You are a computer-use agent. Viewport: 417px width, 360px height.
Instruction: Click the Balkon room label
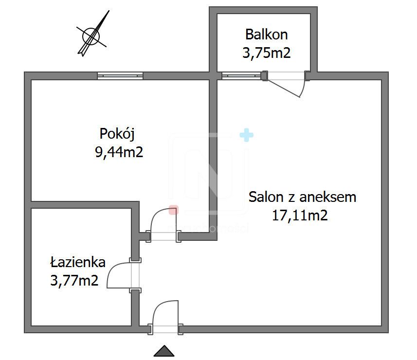[266, 35]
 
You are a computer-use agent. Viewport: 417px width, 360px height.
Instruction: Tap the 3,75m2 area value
[266, 53]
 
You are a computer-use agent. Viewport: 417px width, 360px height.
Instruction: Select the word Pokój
[116, 133]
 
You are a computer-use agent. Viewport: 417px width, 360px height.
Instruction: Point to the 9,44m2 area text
[119, 153]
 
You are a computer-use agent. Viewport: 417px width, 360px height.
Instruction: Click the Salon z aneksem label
[302, 197]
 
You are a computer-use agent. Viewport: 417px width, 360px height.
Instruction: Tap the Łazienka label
[77, 263]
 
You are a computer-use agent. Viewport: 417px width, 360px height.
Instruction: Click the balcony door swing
[287, 84]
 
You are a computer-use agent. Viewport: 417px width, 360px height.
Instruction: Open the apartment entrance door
[165, 316]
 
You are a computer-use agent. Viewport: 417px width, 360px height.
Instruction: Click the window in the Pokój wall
[120, 75]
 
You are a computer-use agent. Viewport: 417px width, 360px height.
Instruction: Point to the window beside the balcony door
[241, 75]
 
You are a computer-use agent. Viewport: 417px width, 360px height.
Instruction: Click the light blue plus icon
[247, 135]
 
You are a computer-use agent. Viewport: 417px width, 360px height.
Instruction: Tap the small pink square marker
[173, 210]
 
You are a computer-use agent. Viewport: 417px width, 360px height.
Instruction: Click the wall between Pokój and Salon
[213, 156]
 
